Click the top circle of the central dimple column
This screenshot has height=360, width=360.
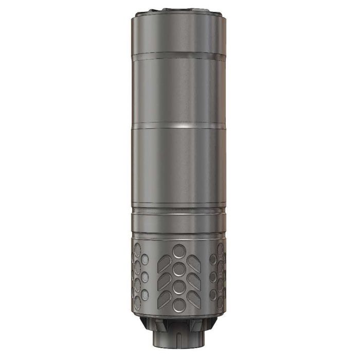coord(179,251)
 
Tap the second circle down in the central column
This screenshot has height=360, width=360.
coord(179,269)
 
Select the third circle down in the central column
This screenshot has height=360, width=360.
coord(179,286)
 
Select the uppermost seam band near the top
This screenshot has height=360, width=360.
coord(178,53)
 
